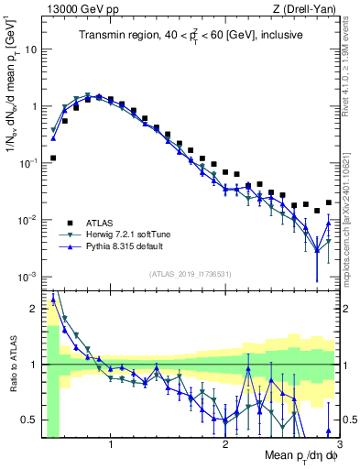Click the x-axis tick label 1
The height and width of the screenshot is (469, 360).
pos(111,441)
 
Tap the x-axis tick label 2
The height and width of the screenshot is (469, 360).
pos(225,441)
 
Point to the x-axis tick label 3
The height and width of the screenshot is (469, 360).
pos(338,441)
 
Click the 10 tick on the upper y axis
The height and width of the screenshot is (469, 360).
pos(30,49)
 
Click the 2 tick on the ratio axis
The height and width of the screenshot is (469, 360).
pos(34,309)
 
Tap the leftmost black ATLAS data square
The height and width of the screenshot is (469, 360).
pos(53,158)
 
